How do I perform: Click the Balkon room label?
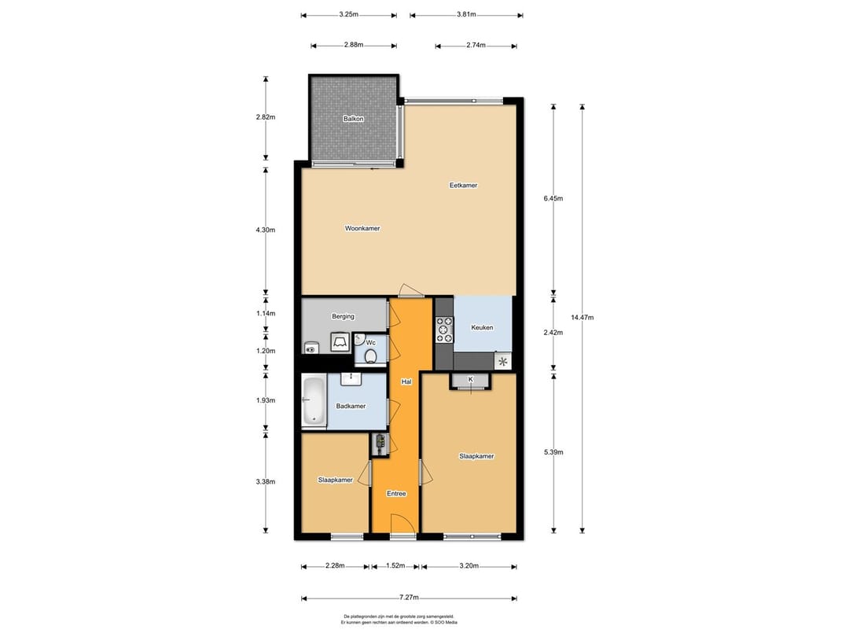[353, 119]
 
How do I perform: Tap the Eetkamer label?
[464, 186]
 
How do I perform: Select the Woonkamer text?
[362, 229]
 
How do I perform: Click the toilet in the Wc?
[371, 356]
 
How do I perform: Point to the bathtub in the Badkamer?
[314, 401]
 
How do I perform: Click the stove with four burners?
[445, 330]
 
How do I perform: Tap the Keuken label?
[482, 328]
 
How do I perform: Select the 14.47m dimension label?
[582, 318]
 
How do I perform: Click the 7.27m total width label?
[410, 598]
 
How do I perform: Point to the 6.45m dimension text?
[553, 198]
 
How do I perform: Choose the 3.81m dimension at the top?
[466, 15]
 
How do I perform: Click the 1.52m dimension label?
[395, 565]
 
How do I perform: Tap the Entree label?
[396, 493]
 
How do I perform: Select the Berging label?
[344, 316]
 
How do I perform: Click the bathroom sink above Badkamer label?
[351, 379]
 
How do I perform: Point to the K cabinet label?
[471, 379]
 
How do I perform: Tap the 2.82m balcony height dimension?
[266, 117]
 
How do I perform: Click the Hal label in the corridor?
[406, 382]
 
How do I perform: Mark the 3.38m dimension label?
[266, 481]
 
